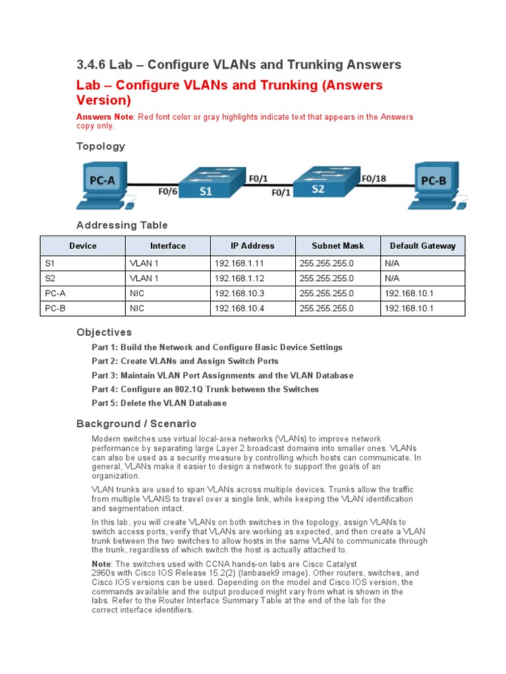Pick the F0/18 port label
click(x=374, y=178)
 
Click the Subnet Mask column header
click(x=337, y=246)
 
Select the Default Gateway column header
click(x=422, y=246)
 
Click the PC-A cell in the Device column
click(x=55, y=294)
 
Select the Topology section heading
click(x=101, y=146)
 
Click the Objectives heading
click(x=104, y=332)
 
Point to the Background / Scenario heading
click(x=136, y=424)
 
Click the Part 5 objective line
click(x=159, y=403)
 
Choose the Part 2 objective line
click(x=185, y=361)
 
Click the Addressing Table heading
click(x=122, y=225)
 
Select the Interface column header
click(x=168, y=246)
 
